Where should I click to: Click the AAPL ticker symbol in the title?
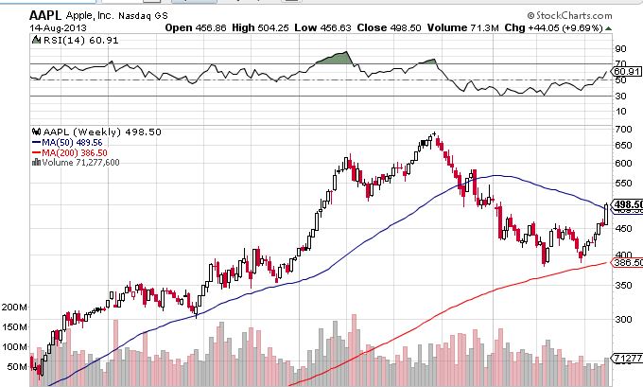click(48, 14)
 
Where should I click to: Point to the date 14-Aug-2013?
click(56, 27)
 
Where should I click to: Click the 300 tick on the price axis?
click(622, 319)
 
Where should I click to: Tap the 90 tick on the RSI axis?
click(621, 48)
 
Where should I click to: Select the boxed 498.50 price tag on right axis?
click(627, 204)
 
